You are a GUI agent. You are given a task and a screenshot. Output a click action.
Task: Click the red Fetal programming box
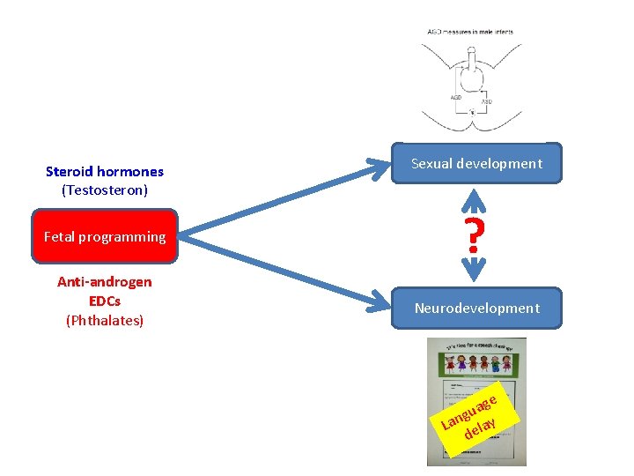105,236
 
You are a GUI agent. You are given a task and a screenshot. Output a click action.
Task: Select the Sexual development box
476,163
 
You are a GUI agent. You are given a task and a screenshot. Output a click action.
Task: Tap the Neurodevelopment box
476,308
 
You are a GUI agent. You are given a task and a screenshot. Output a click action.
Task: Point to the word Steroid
70,172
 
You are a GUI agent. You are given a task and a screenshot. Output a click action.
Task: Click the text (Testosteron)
105,190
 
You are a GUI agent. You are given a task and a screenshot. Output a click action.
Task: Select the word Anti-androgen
105,282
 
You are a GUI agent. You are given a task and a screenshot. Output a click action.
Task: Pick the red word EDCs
105,301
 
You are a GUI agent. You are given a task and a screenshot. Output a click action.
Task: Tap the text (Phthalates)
105,320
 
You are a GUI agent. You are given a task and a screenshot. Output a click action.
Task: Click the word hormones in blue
130,172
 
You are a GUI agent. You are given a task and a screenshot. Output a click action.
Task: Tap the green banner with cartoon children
476,361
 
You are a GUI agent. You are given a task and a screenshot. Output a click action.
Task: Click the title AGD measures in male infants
470,32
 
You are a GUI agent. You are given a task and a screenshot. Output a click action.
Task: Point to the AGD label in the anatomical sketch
456,97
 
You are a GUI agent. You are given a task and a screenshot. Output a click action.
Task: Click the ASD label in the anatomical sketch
486,102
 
